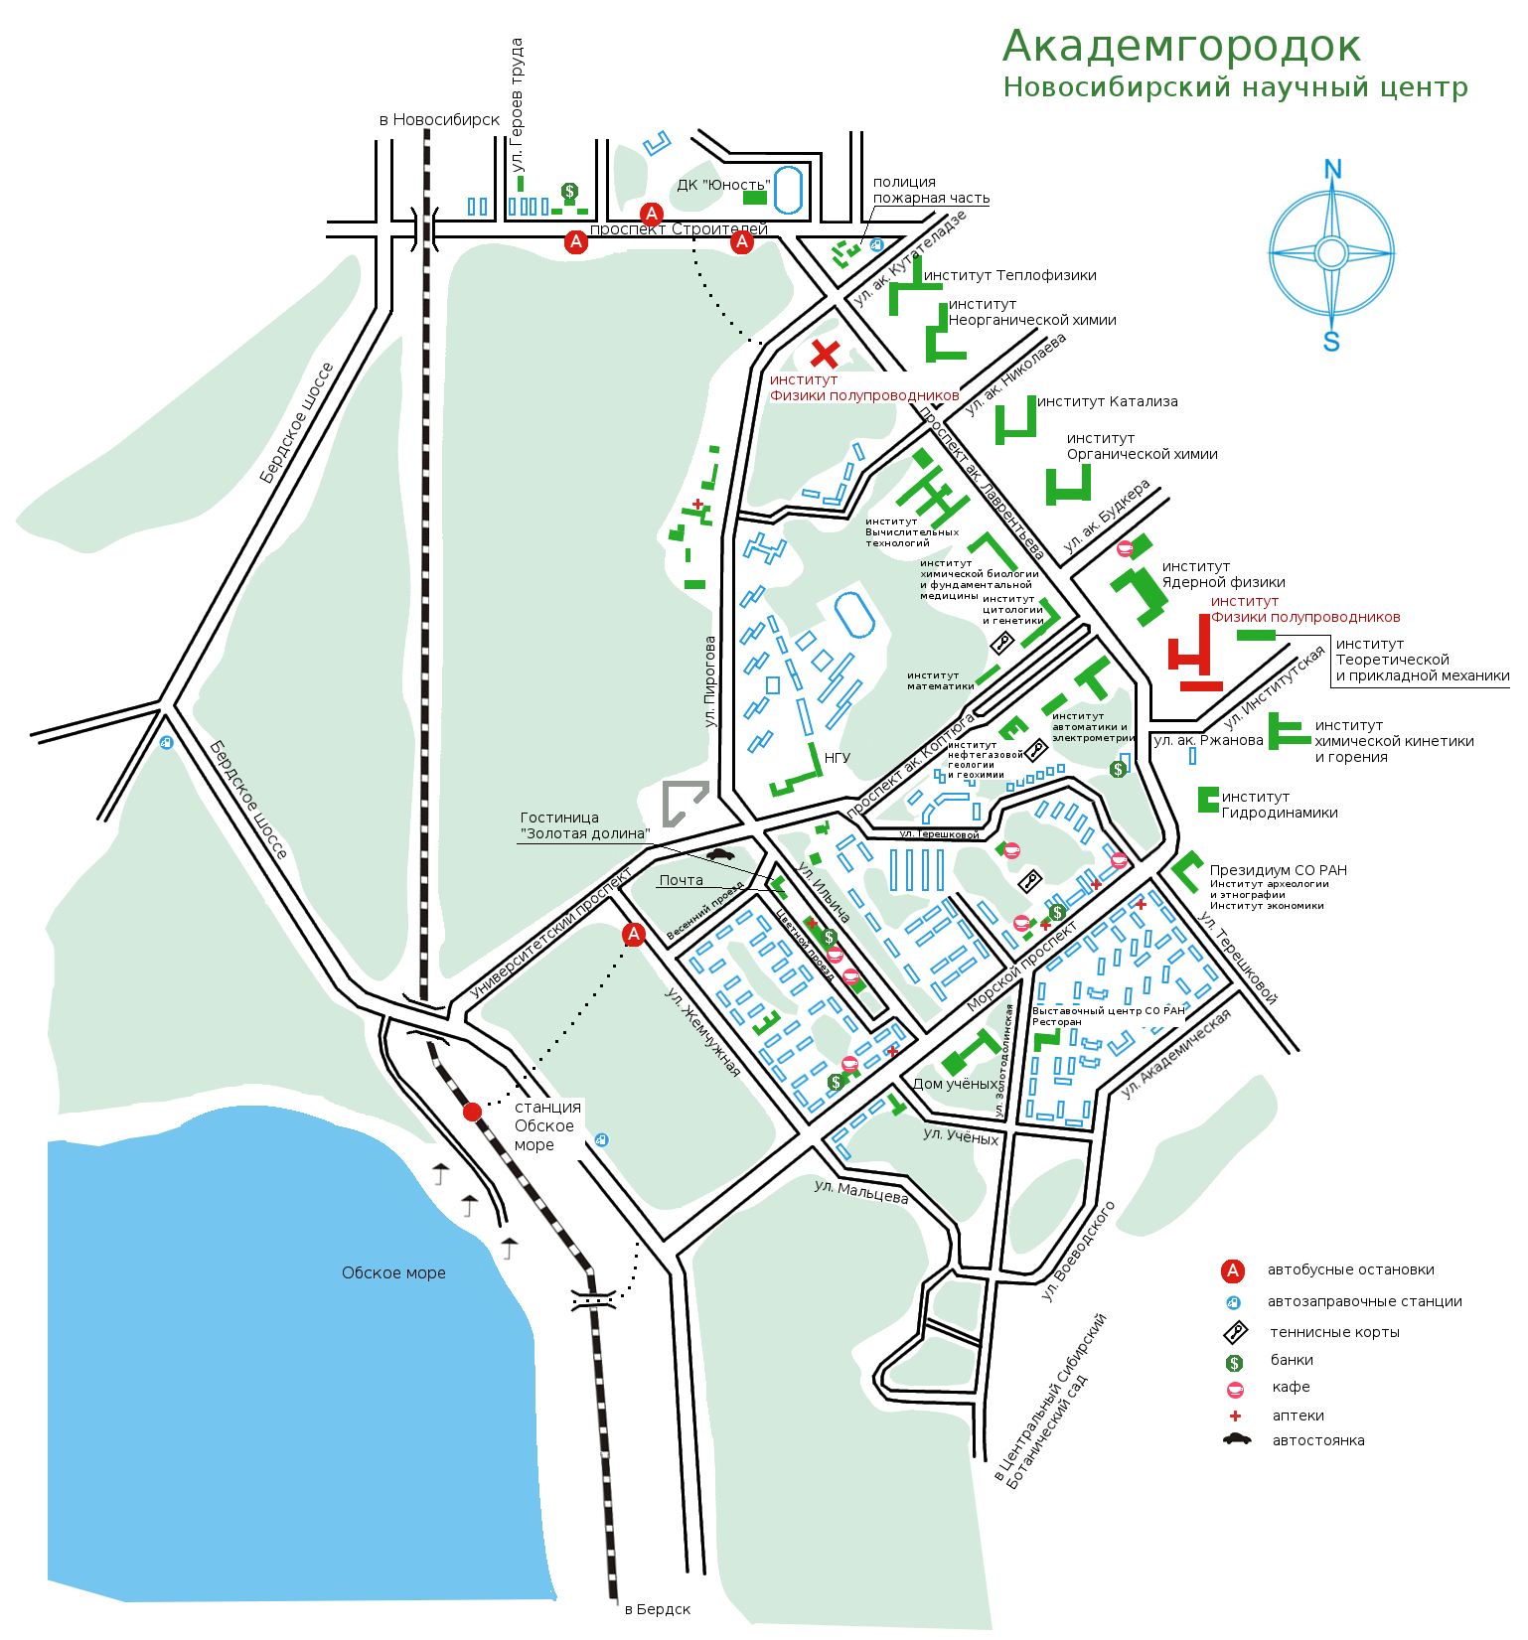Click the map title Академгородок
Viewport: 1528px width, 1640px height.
(1180, 47)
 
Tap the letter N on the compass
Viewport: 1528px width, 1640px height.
(1332, 170)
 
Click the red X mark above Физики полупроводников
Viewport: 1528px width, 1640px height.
(825, 353)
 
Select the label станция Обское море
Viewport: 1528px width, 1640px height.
(547, 1125)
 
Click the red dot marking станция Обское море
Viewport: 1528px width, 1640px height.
(473, 1112)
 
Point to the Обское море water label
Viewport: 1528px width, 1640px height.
(393, 1272)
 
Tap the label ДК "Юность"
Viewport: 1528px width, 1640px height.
(723, 185)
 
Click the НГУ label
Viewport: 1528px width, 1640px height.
(838, 757)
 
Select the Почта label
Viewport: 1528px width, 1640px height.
(681, 880)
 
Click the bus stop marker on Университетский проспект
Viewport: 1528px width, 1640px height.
(634, 934)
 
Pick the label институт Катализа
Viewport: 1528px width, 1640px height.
(1107, 401)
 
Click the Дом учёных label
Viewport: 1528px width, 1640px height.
(955, 1084)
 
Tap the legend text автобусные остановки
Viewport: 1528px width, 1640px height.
(1350, 1269)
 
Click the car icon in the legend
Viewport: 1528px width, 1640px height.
(1236, 1439)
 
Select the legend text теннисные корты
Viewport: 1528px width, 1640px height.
(1334, 1332)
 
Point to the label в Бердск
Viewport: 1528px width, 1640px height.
(657, 1609)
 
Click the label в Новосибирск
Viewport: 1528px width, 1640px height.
(439, 119)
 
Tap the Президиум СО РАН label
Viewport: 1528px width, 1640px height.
(1278, 870)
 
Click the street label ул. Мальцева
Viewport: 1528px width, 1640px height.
(861, 1191)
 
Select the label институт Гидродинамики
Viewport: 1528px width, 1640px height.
(1279, 805)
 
